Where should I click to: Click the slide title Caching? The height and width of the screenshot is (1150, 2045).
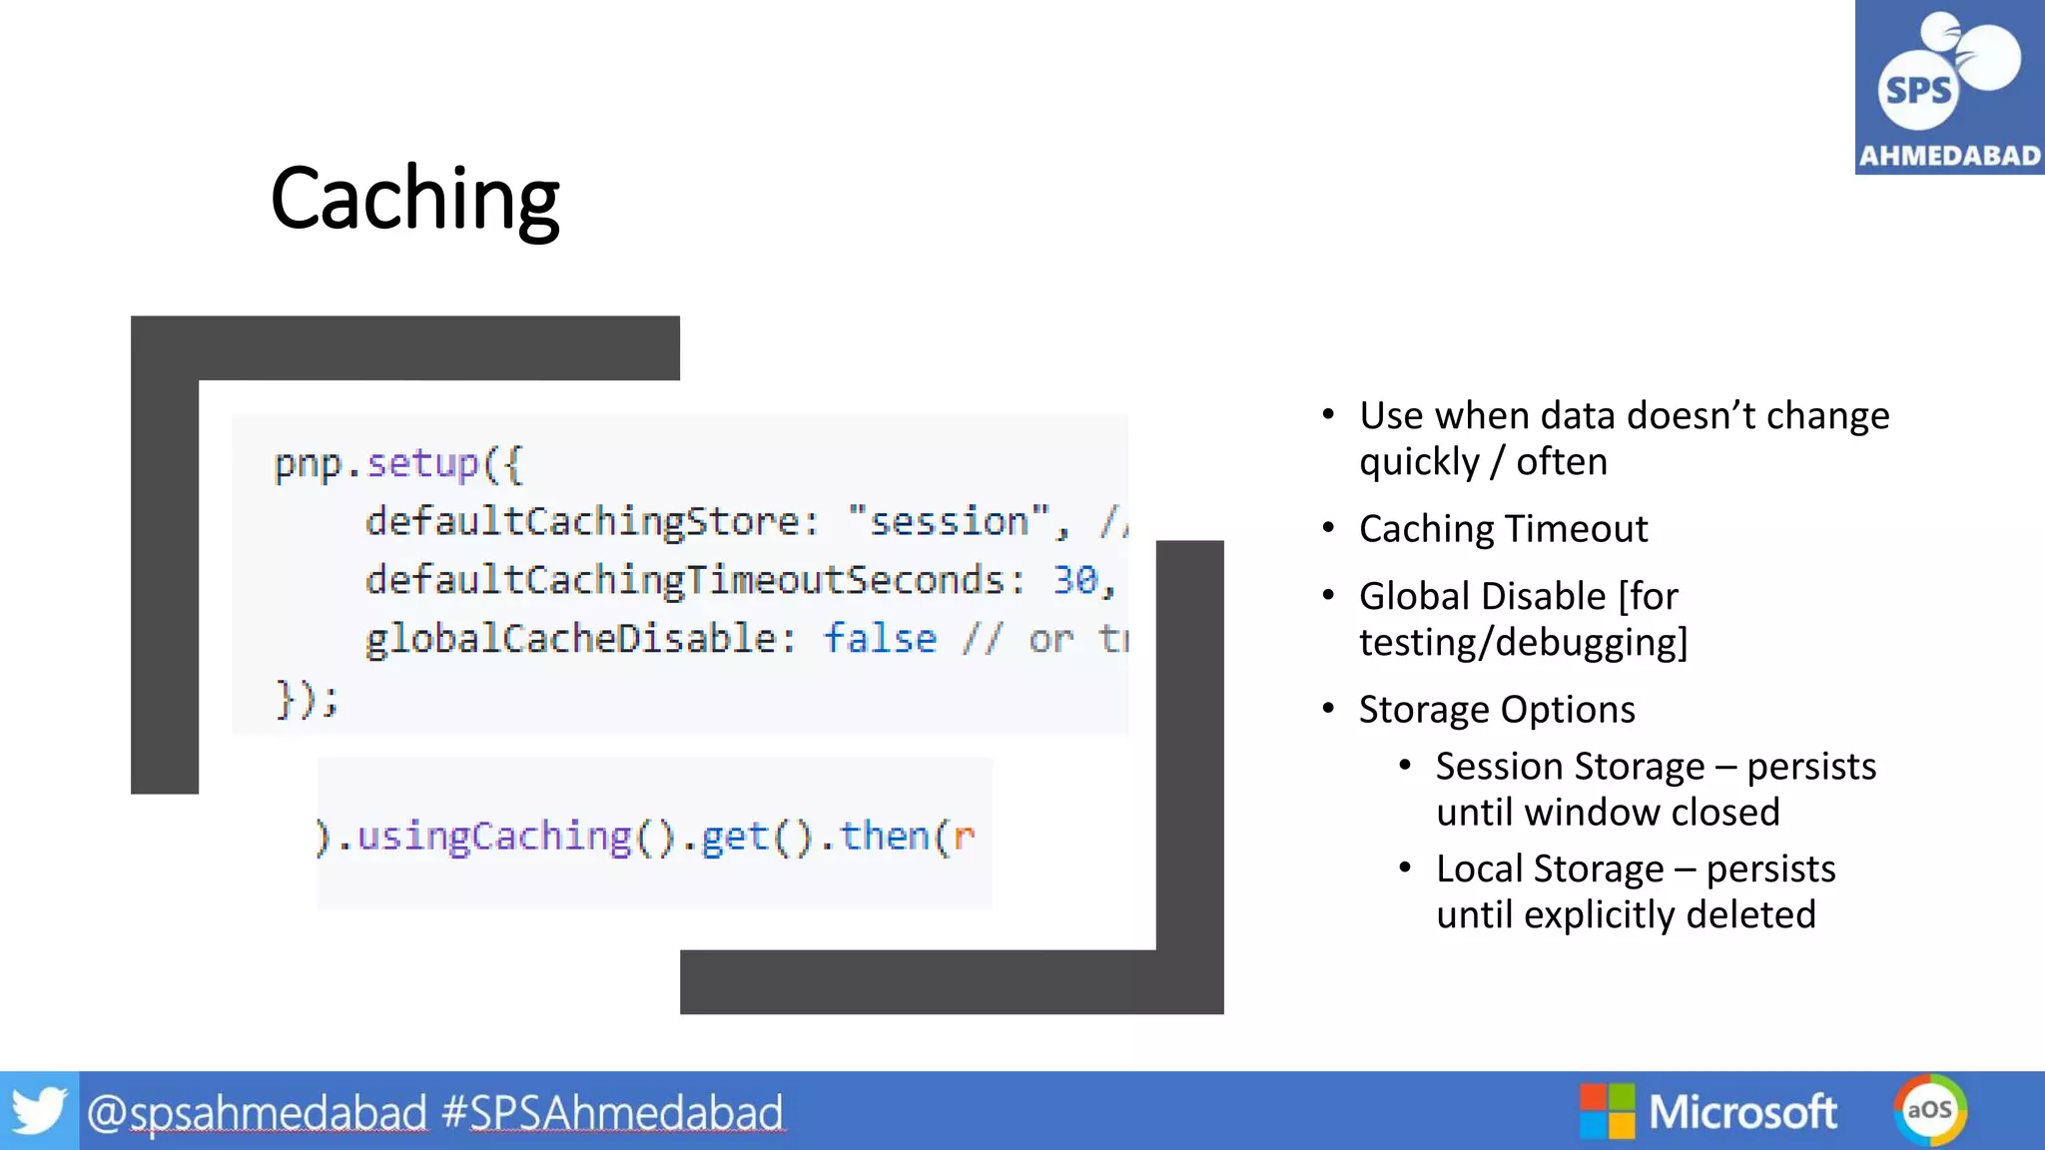coord(414,200)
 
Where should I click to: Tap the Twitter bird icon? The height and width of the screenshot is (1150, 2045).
coord(39,1111)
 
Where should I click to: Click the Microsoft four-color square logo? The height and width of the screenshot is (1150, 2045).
coord(1607,1111)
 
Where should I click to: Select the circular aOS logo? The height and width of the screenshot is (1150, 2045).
coord(1929,1110)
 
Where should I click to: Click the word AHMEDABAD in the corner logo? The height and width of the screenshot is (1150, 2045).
coord(1949,156)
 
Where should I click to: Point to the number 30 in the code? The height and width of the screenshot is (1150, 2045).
coord(1074,580)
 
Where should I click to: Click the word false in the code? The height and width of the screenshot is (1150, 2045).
coord(879,639)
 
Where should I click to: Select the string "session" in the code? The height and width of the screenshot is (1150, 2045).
coord(949,521)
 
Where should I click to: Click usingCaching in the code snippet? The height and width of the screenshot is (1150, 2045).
coord(494,837)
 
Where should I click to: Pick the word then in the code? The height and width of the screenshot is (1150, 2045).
coord(885,837)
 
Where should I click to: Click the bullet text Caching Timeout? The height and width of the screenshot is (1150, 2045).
coord(1503,529)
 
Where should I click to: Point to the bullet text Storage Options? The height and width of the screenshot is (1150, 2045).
coord(1497,710)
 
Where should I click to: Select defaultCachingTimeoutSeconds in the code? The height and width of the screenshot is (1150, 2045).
coord(685,580)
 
